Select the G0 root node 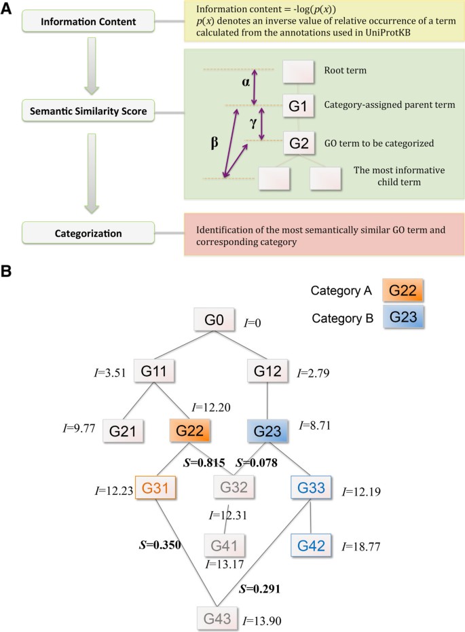pos(214,319)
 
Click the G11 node pos(155,371)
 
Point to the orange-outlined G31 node pos(155,487)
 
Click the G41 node pos(225,544)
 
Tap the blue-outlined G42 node pos(312,544)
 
